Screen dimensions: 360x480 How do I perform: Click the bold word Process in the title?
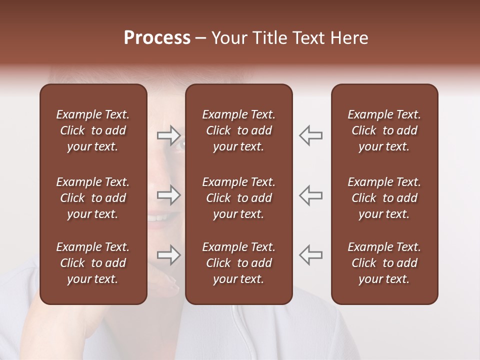[x=157, y=38]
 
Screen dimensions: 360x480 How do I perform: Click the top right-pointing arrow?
[x=169, y=135]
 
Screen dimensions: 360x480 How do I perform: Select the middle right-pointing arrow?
[x=169, y=195]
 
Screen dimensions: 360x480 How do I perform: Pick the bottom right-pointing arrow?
[x=169, y=255]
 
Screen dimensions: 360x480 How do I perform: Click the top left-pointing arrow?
[x=311, y=135]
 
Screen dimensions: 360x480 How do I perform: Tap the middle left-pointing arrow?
[x=311, y=195]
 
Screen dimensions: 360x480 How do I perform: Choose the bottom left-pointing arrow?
[x=311, y=255]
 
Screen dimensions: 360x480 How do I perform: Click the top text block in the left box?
[x=93, y=130]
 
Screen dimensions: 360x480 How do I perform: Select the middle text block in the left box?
[x=93, y=198]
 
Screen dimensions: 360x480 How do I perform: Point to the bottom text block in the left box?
[x=93, y=263]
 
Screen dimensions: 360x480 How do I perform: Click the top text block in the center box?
[x=239, y=130]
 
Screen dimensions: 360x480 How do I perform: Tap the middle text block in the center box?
[x=239, y=198]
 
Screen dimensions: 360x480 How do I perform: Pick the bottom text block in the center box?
[x=239, y=263]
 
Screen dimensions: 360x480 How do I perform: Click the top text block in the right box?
[x=384, y=130]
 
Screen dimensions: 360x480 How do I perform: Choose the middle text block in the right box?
[x=384, y=198]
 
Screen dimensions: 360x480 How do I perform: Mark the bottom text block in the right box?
[x=384, y=263]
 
